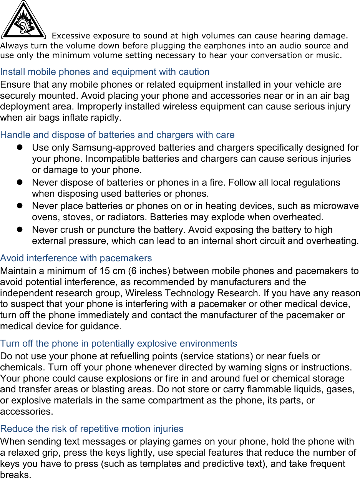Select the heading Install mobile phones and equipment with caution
point(105,72)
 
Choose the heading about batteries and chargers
point(117,135)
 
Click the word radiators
point(127,217)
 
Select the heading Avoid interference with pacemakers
point(76,258)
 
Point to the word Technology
point(189,293)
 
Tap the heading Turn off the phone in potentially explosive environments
point(119,344)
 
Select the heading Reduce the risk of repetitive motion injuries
point(92,429)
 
